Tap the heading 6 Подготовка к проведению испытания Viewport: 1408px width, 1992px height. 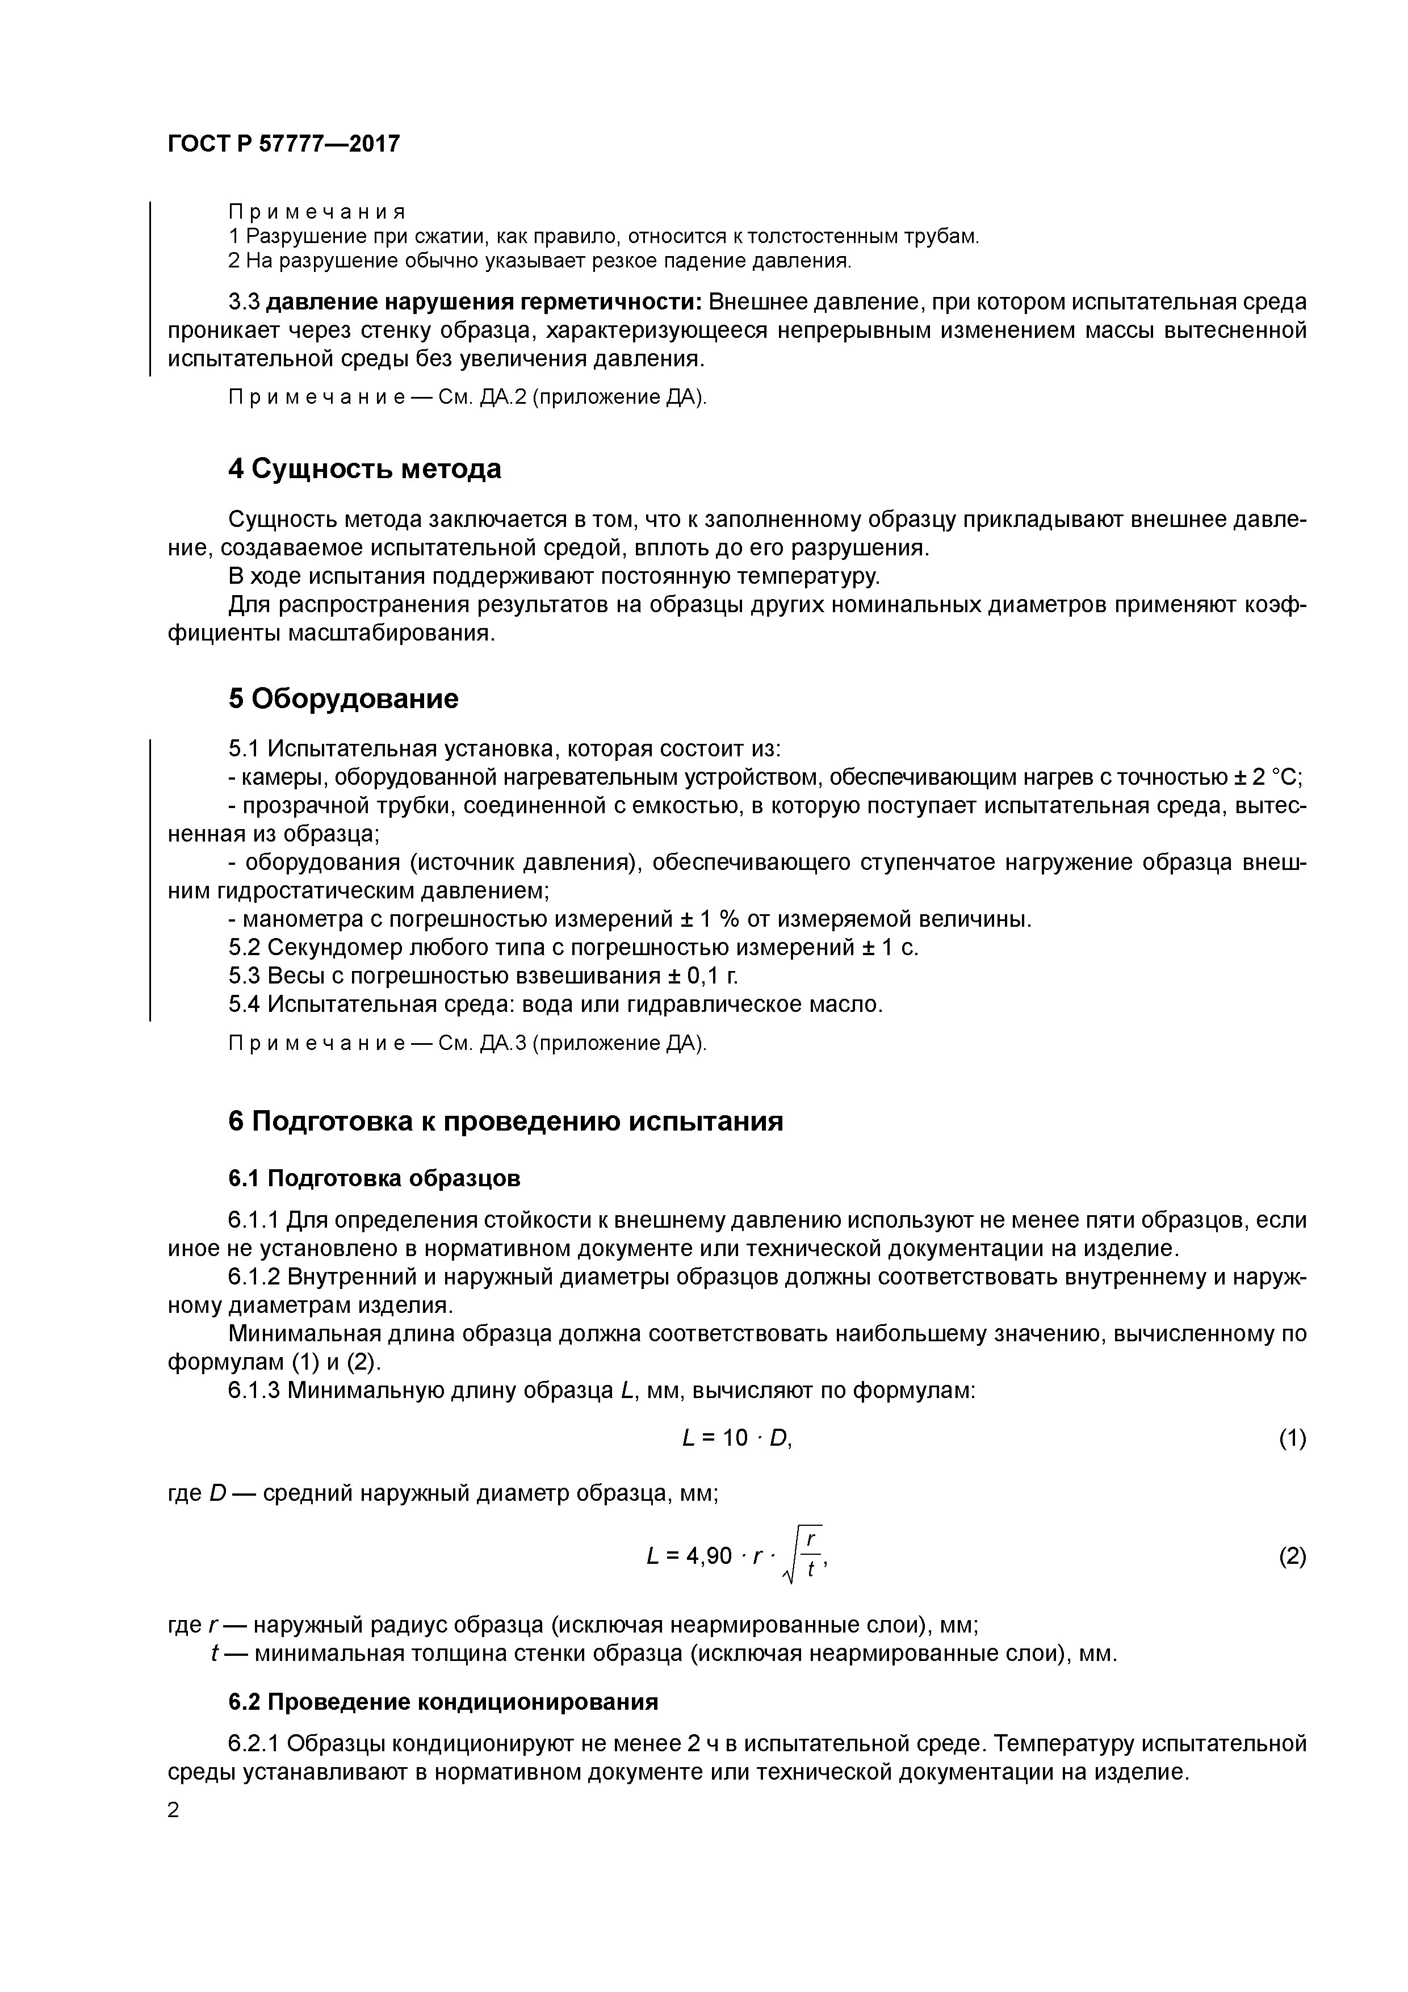click(x=506, y=1122)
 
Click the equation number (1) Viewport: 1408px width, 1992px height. click(x=1292, y=1439)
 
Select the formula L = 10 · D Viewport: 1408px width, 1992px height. click(x=737, y=1439)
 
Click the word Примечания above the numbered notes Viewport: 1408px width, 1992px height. click(x=317, y=212)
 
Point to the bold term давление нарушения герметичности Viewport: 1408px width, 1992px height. click(x=483, y=303)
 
